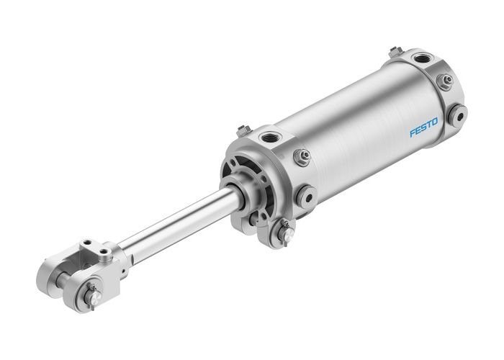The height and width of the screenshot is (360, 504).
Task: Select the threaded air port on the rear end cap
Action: click(x=420, y=58)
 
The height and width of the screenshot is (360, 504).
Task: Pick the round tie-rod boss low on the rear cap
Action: click(x=456, y=114)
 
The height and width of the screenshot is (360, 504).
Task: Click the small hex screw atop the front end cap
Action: click(x=242, y=130)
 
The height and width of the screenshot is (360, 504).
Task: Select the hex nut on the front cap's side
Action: click(x=302, y=156)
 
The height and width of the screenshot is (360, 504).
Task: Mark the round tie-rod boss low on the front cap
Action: click(x=306, y=194)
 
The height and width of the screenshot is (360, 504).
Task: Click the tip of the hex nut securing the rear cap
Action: click(x=449, y=81)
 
